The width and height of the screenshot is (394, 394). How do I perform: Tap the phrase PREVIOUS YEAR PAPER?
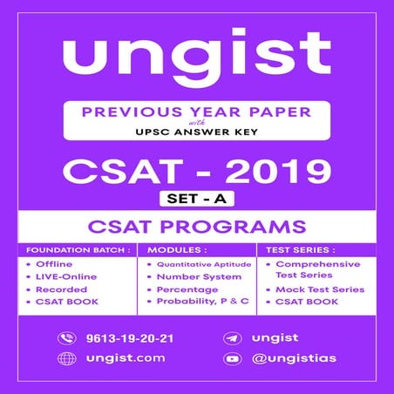[197, 113]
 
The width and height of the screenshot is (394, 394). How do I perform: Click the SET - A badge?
[196, 199]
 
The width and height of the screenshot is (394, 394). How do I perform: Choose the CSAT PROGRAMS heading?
[196, 228]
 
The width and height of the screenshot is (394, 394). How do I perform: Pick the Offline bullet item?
[53, 264]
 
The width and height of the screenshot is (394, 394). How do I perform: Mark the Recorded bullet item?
[59, 289]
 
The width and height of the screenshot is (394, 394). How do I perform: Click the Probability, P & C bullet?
[201, 302]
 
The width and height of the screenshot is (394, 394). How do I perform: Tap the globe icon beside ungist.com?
[66, 358]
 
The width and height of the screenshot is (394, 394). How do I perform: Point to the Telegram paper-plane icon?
[233, 337]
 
